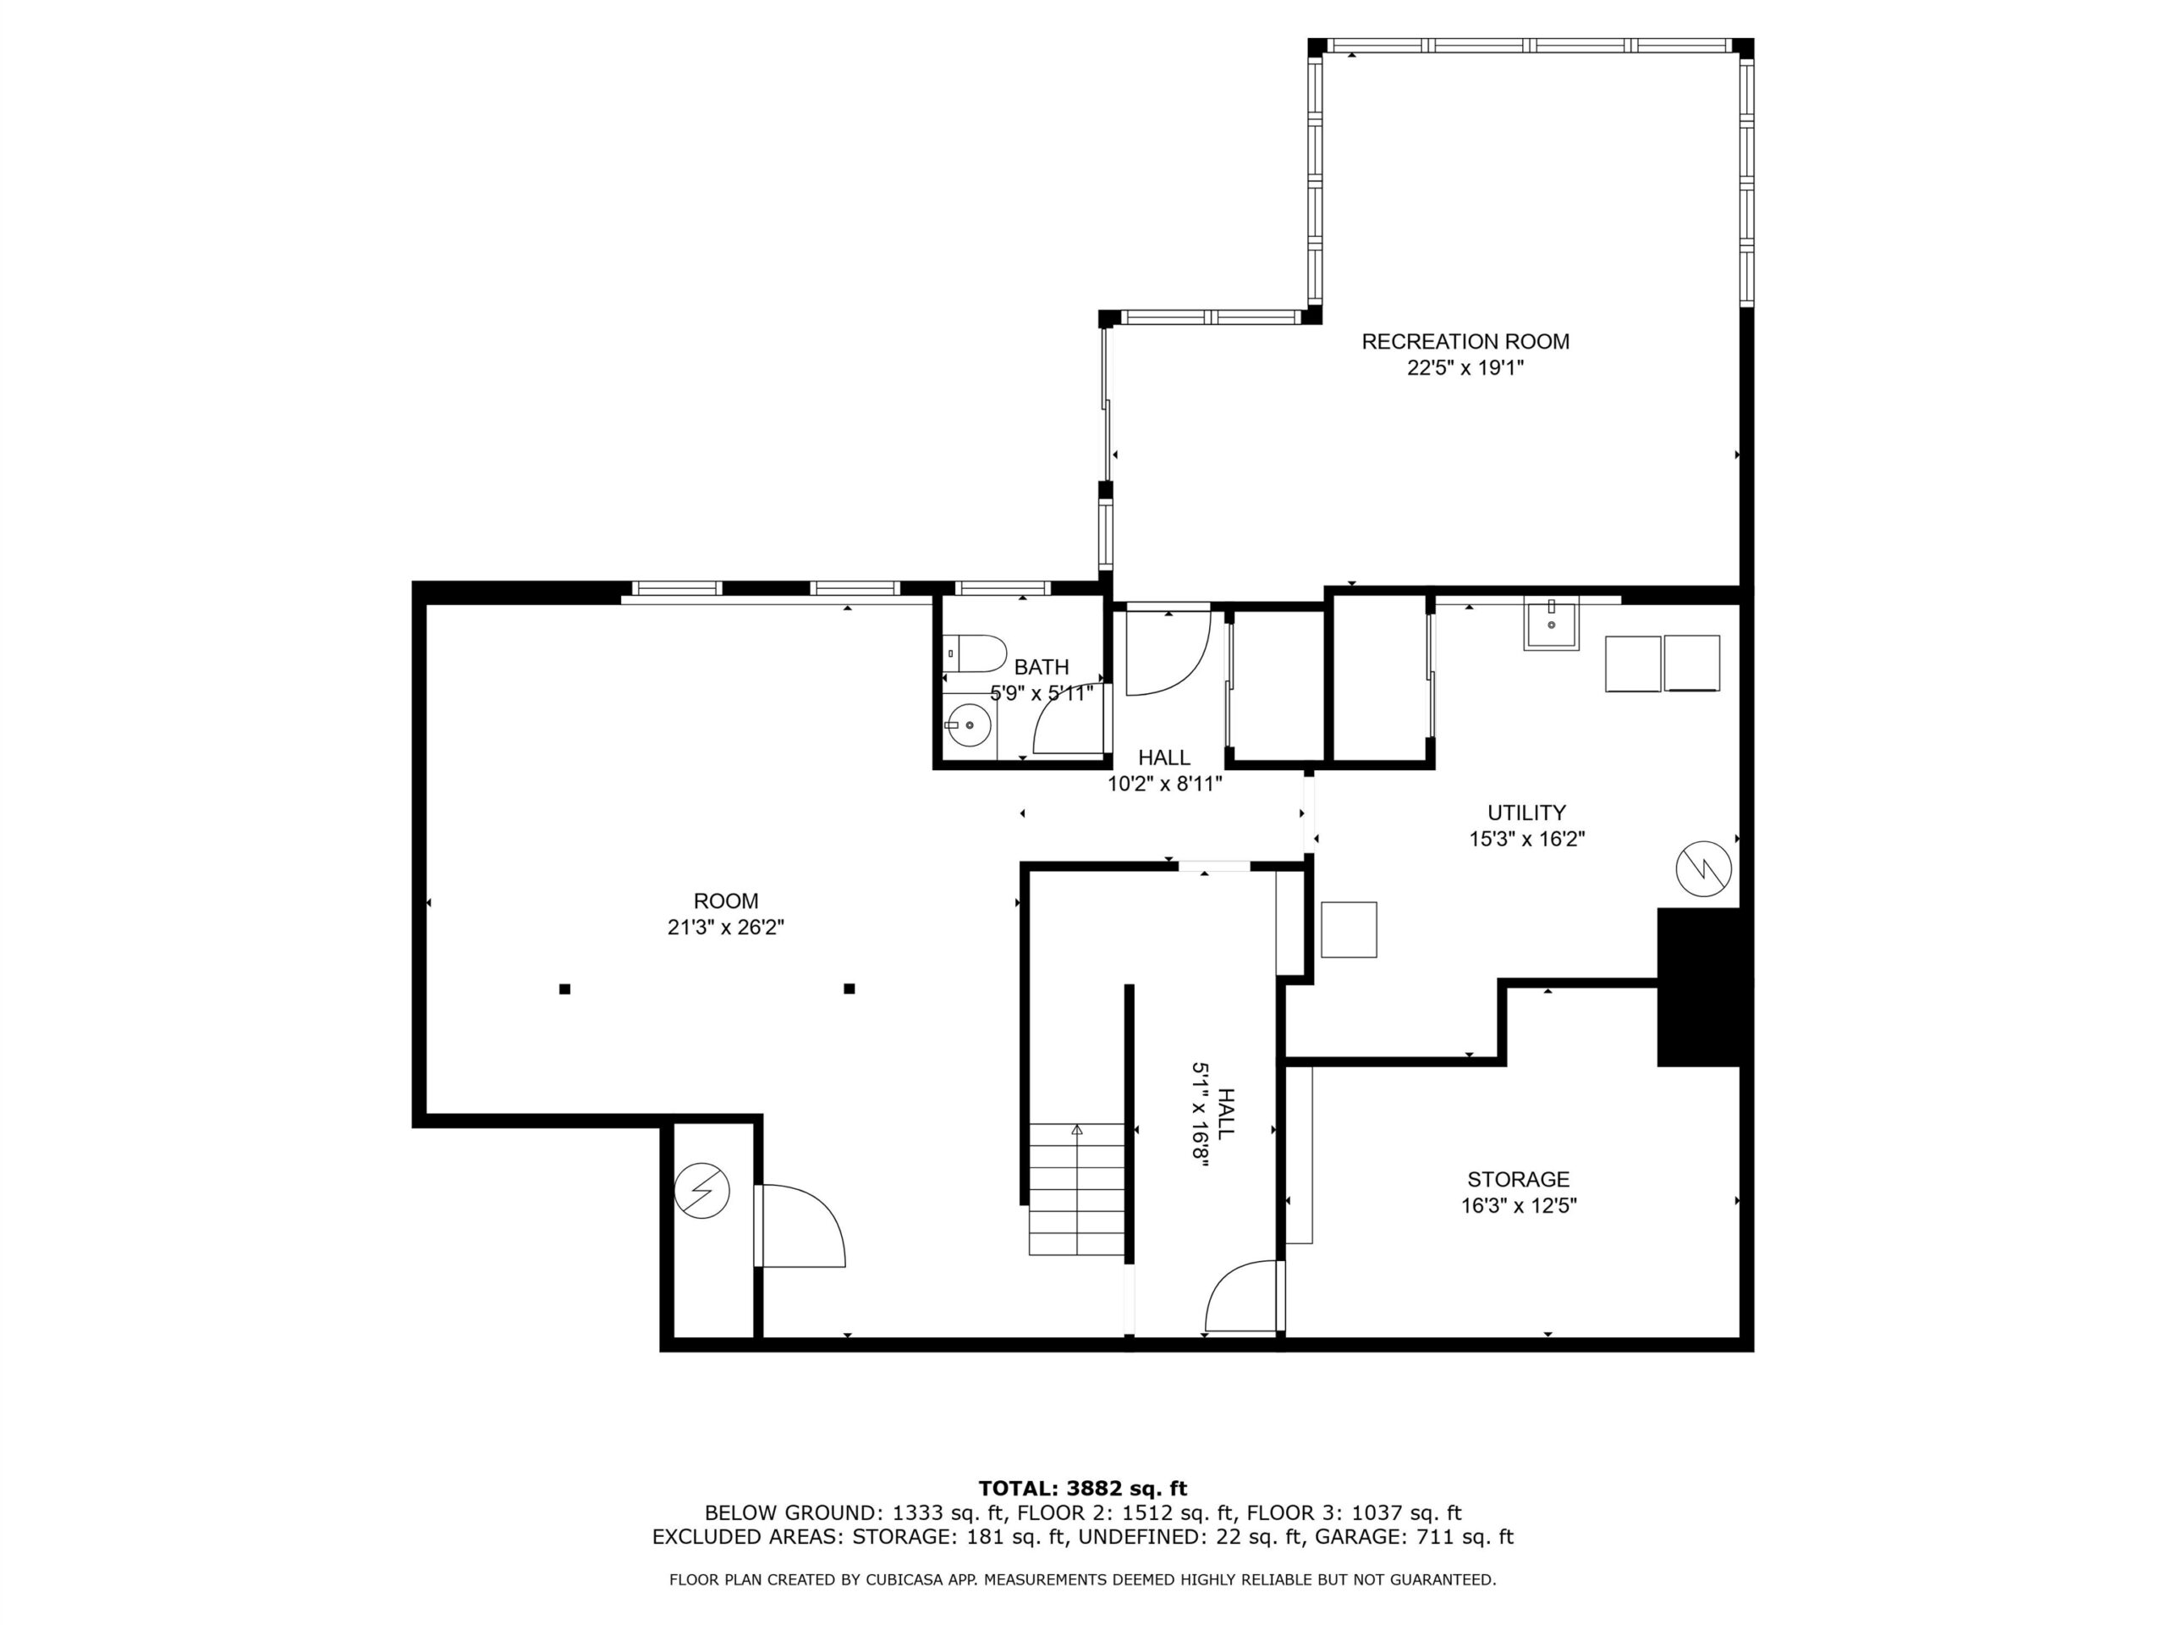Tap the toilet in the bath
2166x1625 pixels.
[x=975, y=653]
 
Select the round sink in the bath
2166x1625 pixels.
[x=969, y=724]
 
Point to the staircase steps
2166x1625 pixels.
[x=1076, y=1189]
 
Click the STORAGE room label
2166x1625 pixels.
[x=1518, y=1179]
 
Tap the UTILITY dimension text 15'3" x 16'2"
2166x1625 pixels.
[x=1526, y=839]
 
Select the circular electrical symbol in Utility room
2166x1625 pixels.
[x=1704, y=868]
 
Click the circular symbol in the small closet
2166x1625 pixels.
[x=702, y=1190]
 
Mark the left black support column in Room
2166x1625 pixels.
[x=565, y=989]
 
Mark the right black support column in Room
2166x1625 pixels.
[x=849, y=989]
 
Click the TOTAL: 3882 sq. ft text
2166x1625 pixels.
[x=1083, y=1489]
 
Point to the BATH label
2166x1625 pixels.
[x=1041, y=667]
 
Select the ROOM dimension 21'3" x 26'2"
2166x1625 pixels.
[x=726, y=927]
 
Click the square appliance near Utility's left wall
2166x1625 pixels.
[x=1349, y=929]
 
